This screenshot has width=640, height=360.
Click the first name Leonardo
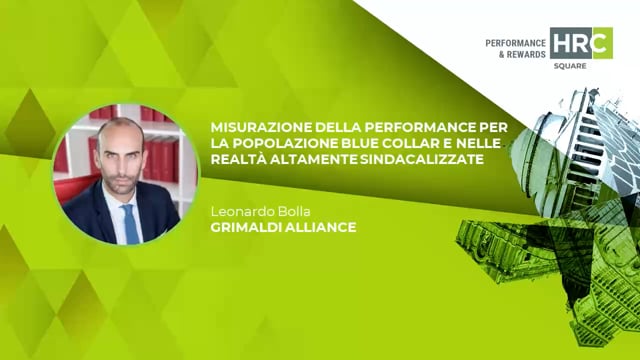(240, 211)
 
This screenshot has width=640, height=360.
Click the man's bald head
(119, 131)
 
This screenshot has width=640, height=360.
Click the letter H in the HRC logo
(561, 43)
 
